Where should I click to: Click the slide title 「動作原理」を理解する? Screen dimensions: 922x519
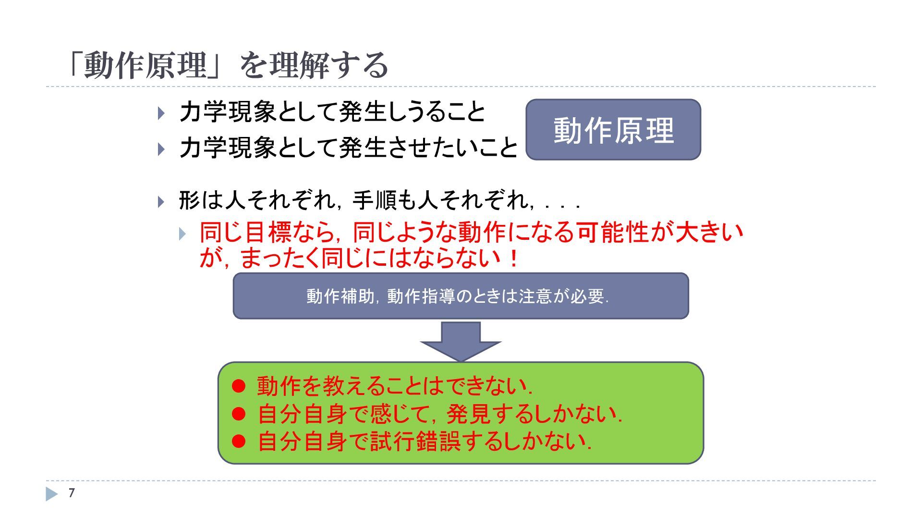coord(228,65)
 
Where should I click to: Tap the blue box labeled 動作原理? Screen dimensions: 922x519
coord(613,130)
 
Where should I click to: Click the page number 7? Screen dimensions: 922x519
coord(72,493)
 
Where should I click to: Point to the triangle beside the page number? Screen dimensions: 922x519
coord(51,494)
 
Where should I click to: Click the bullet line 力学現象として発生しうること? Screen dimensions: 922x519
coord(332,112)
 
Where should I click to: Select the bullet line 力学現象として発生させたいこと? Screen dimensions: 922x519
coord(349,148)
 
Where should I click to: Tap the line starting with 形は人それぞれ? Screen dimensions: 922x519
coord(379,200)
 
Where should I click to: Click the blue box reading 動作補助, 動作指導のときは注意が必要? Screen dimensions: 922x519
coord(461,296)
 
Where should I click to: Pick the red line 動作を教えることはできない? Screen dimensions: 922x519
coord(394,386)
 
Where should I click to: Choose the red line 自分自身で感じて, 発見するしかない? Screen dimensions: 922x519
coord(439,414)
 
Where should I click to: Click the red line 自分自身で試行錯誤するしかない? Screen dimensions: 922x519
coord(424,441)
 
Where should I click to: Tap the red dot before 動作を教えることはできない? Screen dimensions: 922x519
coord(239,386)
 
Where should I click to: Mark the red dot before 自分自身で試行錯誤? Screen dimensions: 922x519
coord(239,441)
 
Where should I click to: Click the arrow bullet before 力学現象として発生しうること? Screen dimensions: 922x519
coord(161,113)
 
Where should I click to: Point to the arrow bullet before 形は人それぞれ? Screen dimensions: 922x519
coord(161,201)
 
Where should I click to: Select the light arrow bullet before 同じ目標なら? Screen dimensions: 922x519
coord(182,234)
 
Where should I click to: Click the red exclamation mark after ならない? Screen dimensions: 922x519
coord(514,259)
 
